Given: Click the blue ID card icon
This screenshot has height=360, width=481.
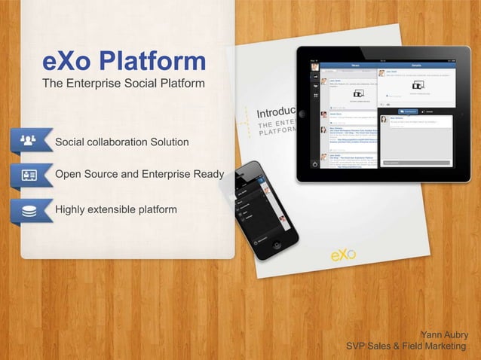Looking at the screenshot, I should tap(28, 175).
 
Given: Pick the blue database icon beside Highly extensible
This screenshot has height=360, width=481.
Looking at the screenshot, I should tap(28, 210).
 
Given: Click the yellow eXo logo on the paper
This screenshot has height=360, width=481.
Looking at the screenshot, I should tap(344, 255).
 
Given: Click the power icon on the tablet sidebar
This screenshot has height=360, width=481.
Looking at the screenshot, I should tap(314, 163).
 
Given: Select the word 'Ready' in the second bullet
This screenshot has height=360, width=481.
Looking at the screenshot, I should tap(208, 175).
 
